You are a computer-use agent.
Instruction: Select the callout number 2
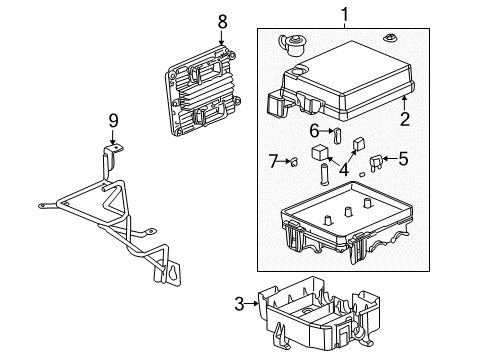pyautogui.click(x=405, y=119)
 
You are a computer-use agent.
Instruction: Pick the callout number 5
pyautogui.click(x=403, y=156)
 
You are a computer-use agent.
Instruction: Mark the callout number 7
pyautogui.click(x=273, y=160)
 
